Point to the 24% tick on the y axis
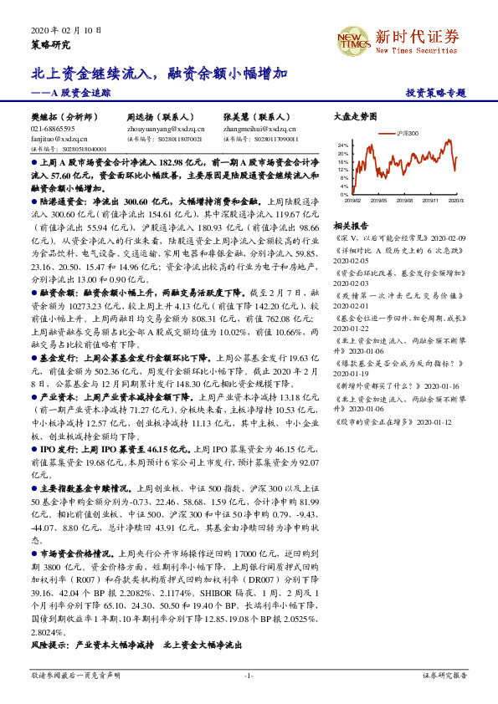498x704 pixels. tap(342, 145)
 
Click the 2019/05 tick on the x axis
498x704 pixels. tap(379, 200)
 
